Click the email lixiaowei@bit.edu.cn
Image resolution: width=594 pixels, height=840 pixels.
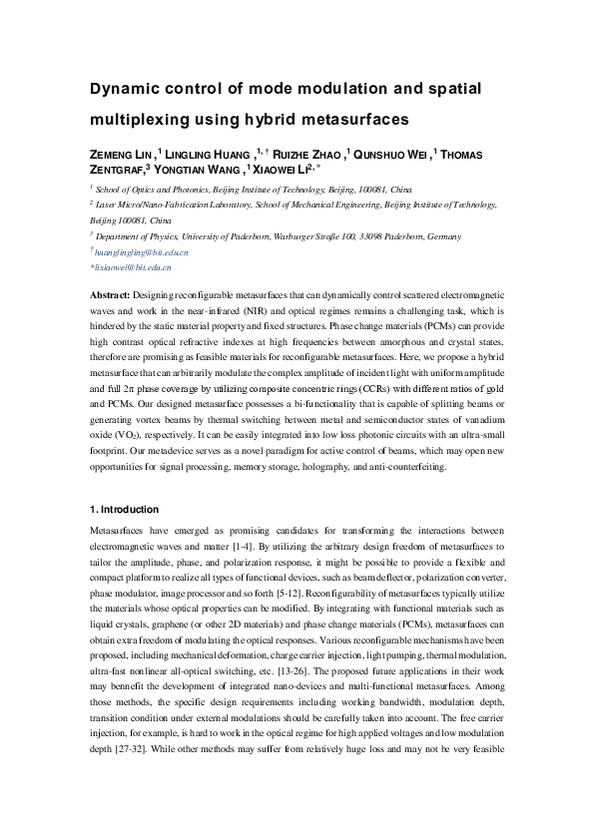pyautogui.click(x=132, y=268)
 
